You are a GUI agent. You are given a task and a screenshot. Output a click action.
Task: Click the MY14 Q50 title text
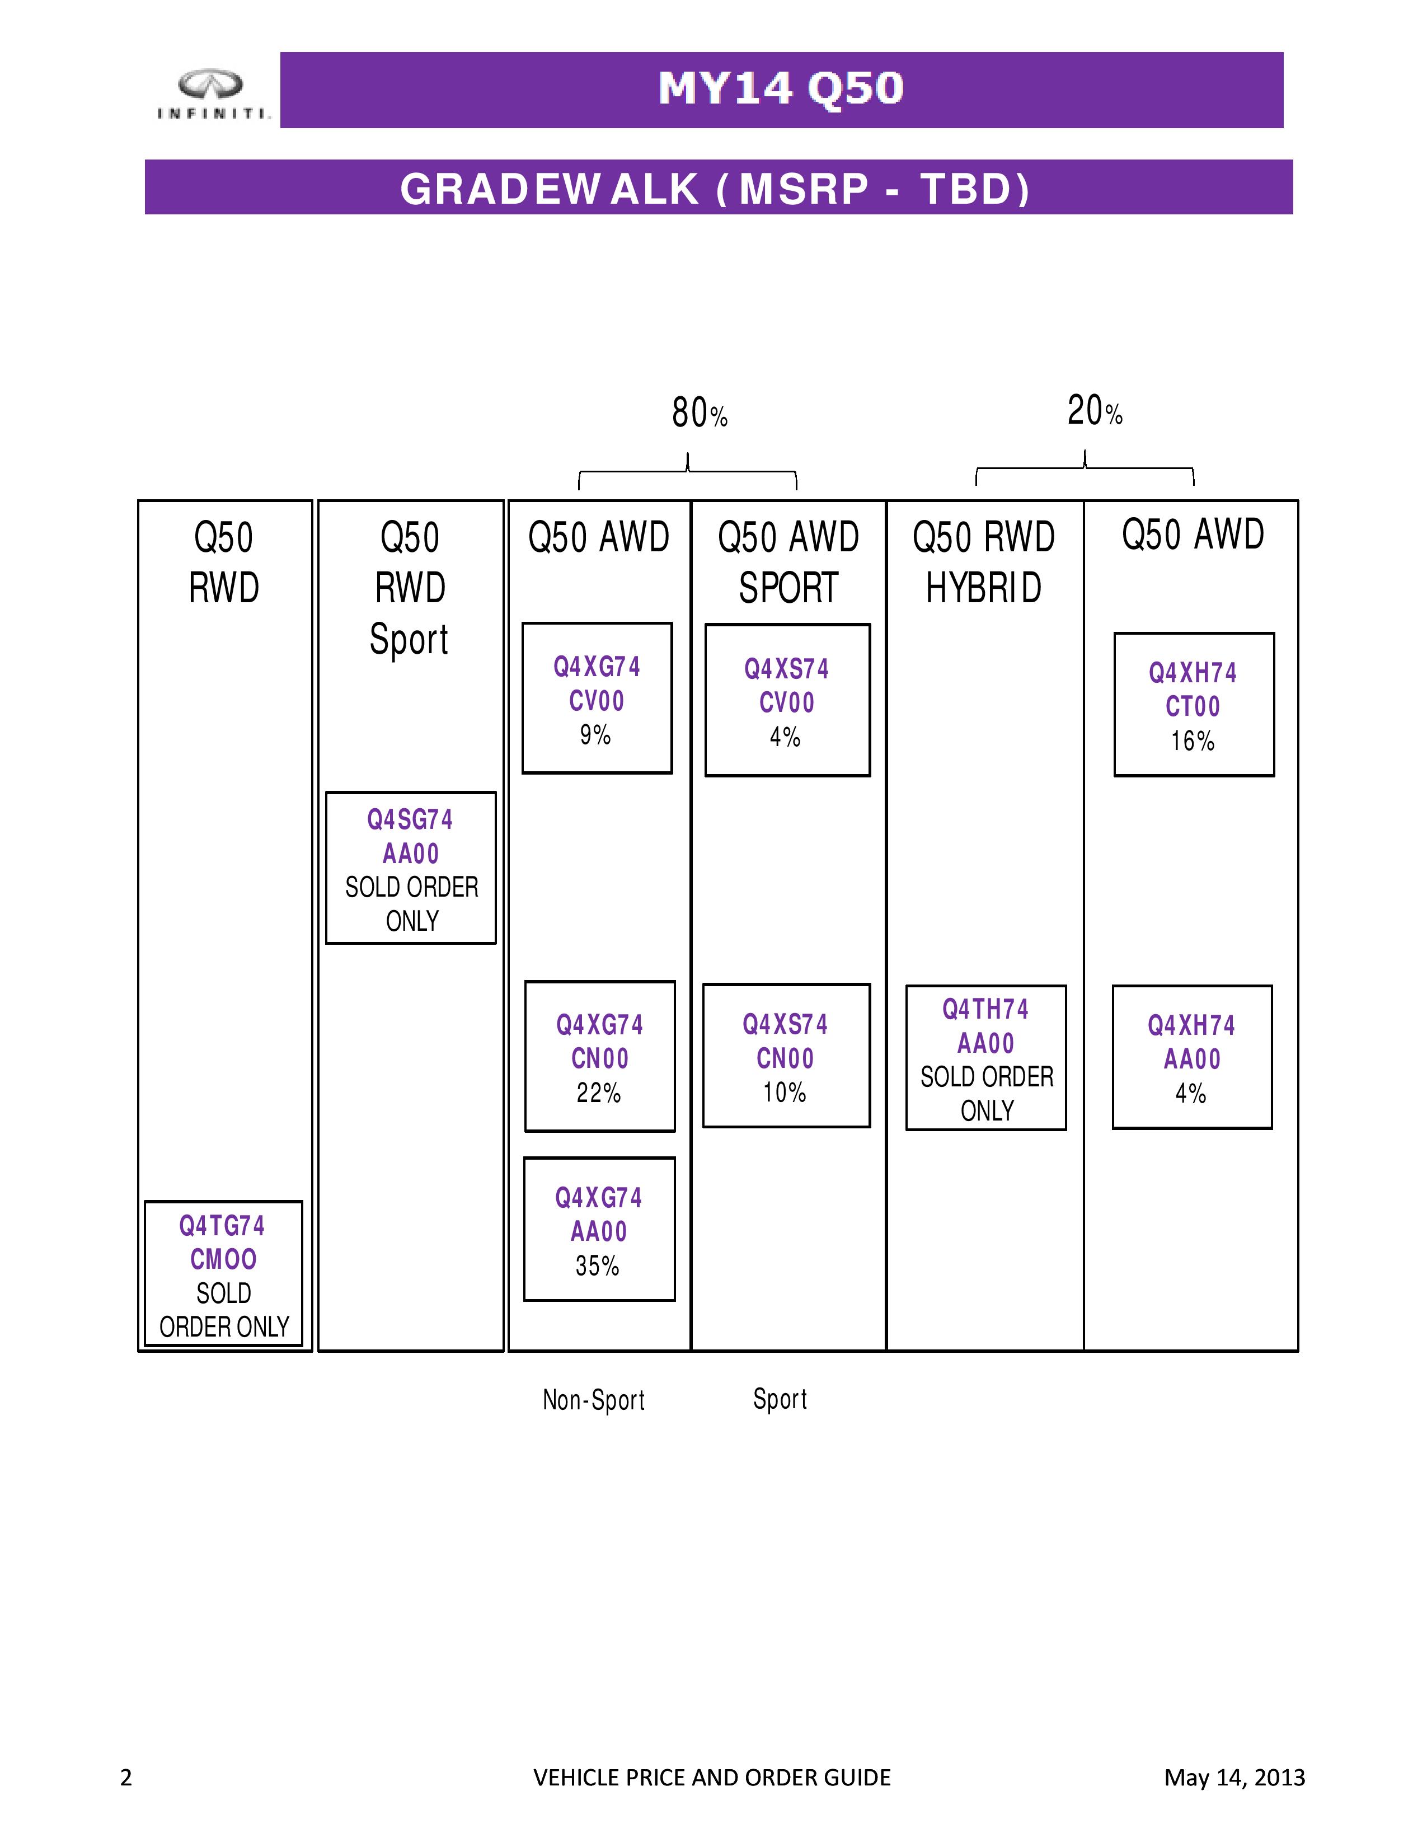(x=781, y=88)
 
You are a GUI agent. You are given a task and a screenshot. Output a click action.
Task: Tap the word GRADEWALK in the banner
(x=550, y=189)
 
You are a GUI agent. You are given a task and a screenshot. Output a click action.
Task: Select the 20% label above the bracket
(x=1095, y=410)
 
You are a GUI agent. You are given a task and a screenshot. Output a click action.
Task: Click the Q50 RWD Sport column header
(x=410, y=588)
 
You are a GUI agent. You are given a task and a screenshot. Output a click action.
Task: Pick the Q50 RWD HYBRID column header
(x=984, y=562)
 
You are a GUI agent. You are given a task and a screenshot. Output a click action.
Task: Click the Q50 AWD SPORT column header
(x=788, y=562)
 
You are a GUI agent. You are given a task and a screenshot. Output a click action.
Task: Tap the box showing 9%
(x=597, y=698)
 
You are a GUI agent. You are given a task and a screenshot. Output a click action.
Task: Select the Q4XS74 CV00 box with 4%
(x=787, y=700)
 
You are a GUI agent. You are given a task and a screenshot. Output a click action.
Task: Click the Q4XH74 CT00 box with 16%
(x=1194, y=705)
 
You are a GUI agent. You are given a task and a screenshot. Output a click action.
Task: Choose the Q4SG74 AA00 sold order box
(x=411, y=868)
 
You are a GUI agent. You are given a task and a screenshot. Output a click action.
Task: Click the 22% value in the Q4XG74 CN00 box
(x=599, y=1093)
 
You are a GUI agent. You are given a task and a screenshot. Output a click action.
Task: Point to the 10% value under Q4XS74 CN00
(x=785, y=1093)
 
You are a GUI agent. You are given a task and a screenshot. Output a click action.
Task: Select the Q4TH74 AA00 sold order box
(x=985, y=1058)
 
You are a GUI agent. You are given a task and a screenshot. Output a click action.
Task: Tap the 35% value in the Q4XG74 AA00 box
(x=598, y=1266)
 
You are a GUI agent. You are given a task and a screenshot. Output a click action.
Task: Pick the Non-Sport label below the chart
(x=593, y=1400)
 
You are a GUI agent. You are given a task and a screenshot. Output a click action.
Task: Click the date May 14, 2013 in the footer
(x=1234, y=1777)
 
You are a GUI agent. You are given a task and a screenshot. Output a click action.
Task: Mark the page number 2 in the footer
(x=126, y=1777)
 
